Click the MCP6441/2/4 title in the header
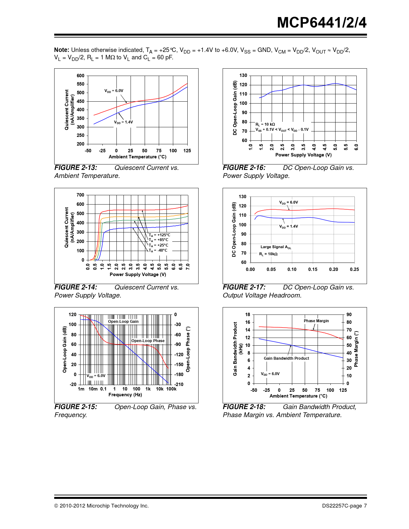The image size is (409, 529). point(321,23)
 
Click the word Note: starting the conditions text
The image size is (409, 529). point(62,50)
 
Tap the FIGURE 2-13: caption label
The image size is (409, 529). point(76,168)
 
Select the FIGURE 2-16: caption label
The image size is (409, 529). point(244,168)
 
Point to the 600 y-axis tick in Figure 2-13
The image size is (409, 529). point(81,76)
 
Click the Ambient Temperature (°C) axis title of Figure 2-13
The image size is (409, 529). point(137,157)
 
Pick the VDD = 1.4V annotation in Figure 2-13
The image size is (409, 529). point(124,122)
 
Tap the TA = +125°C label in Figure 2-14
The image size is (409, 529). point(159,235)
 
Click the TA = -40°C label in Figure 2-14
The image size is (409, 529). point(158,250)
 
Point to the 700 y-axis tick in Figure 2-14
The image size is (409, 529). point(81,195)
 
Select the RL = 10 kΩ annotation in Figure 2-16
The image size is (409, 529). point(265,124)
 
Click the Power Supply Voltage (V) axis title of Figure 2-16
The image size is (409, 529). point(303,155)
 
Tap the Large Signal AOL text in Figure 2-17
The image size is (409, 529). point(276,247)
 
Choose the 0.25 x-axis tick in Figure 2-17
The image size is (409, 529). point(354,269)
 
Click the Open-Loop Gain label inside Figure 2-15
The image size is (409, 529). point(123,322)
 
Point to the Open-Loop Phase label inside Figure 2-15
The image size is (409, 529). point(148,341)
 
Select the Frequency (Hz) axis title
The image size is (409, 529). point(125,395)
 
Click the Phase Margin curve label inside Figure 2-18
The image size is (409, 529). point(316,321)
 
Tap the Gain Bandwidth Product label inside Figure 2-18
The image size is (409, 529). point(286,358)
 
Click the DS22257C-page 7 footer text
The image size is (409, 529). point(344,506)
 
